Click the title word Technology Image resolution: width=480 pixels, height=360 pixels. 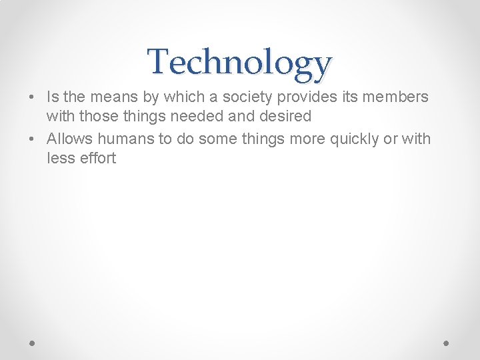click(239, 62)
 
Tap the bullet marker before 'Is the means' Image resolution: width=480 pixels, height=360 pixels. click(32, 97)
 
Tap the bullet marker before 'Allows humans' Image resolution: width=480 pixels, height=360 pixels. click(32, 139)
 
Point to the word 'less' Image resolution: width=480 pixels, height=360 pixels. click(59, 159)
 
